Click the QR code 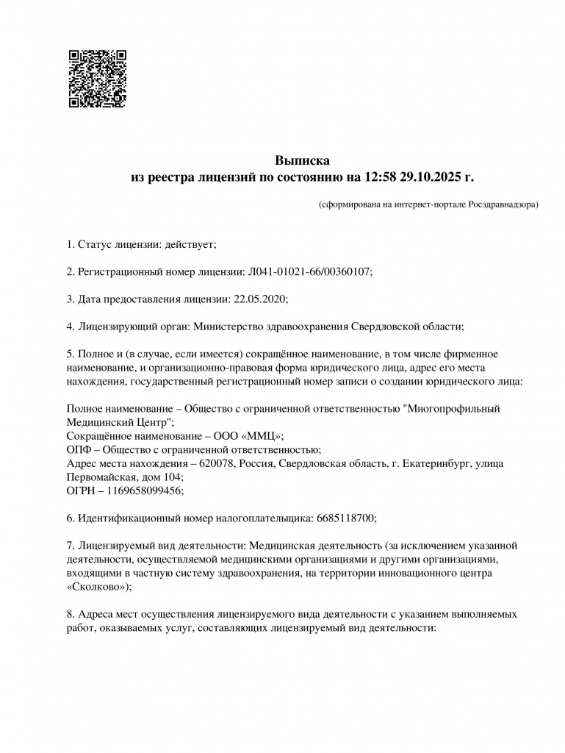click(97, 79)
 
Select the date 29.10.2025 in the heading click(428, 177)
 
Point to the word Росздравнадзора click(498, 204)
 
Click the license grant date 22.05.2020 click(259, 299)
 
